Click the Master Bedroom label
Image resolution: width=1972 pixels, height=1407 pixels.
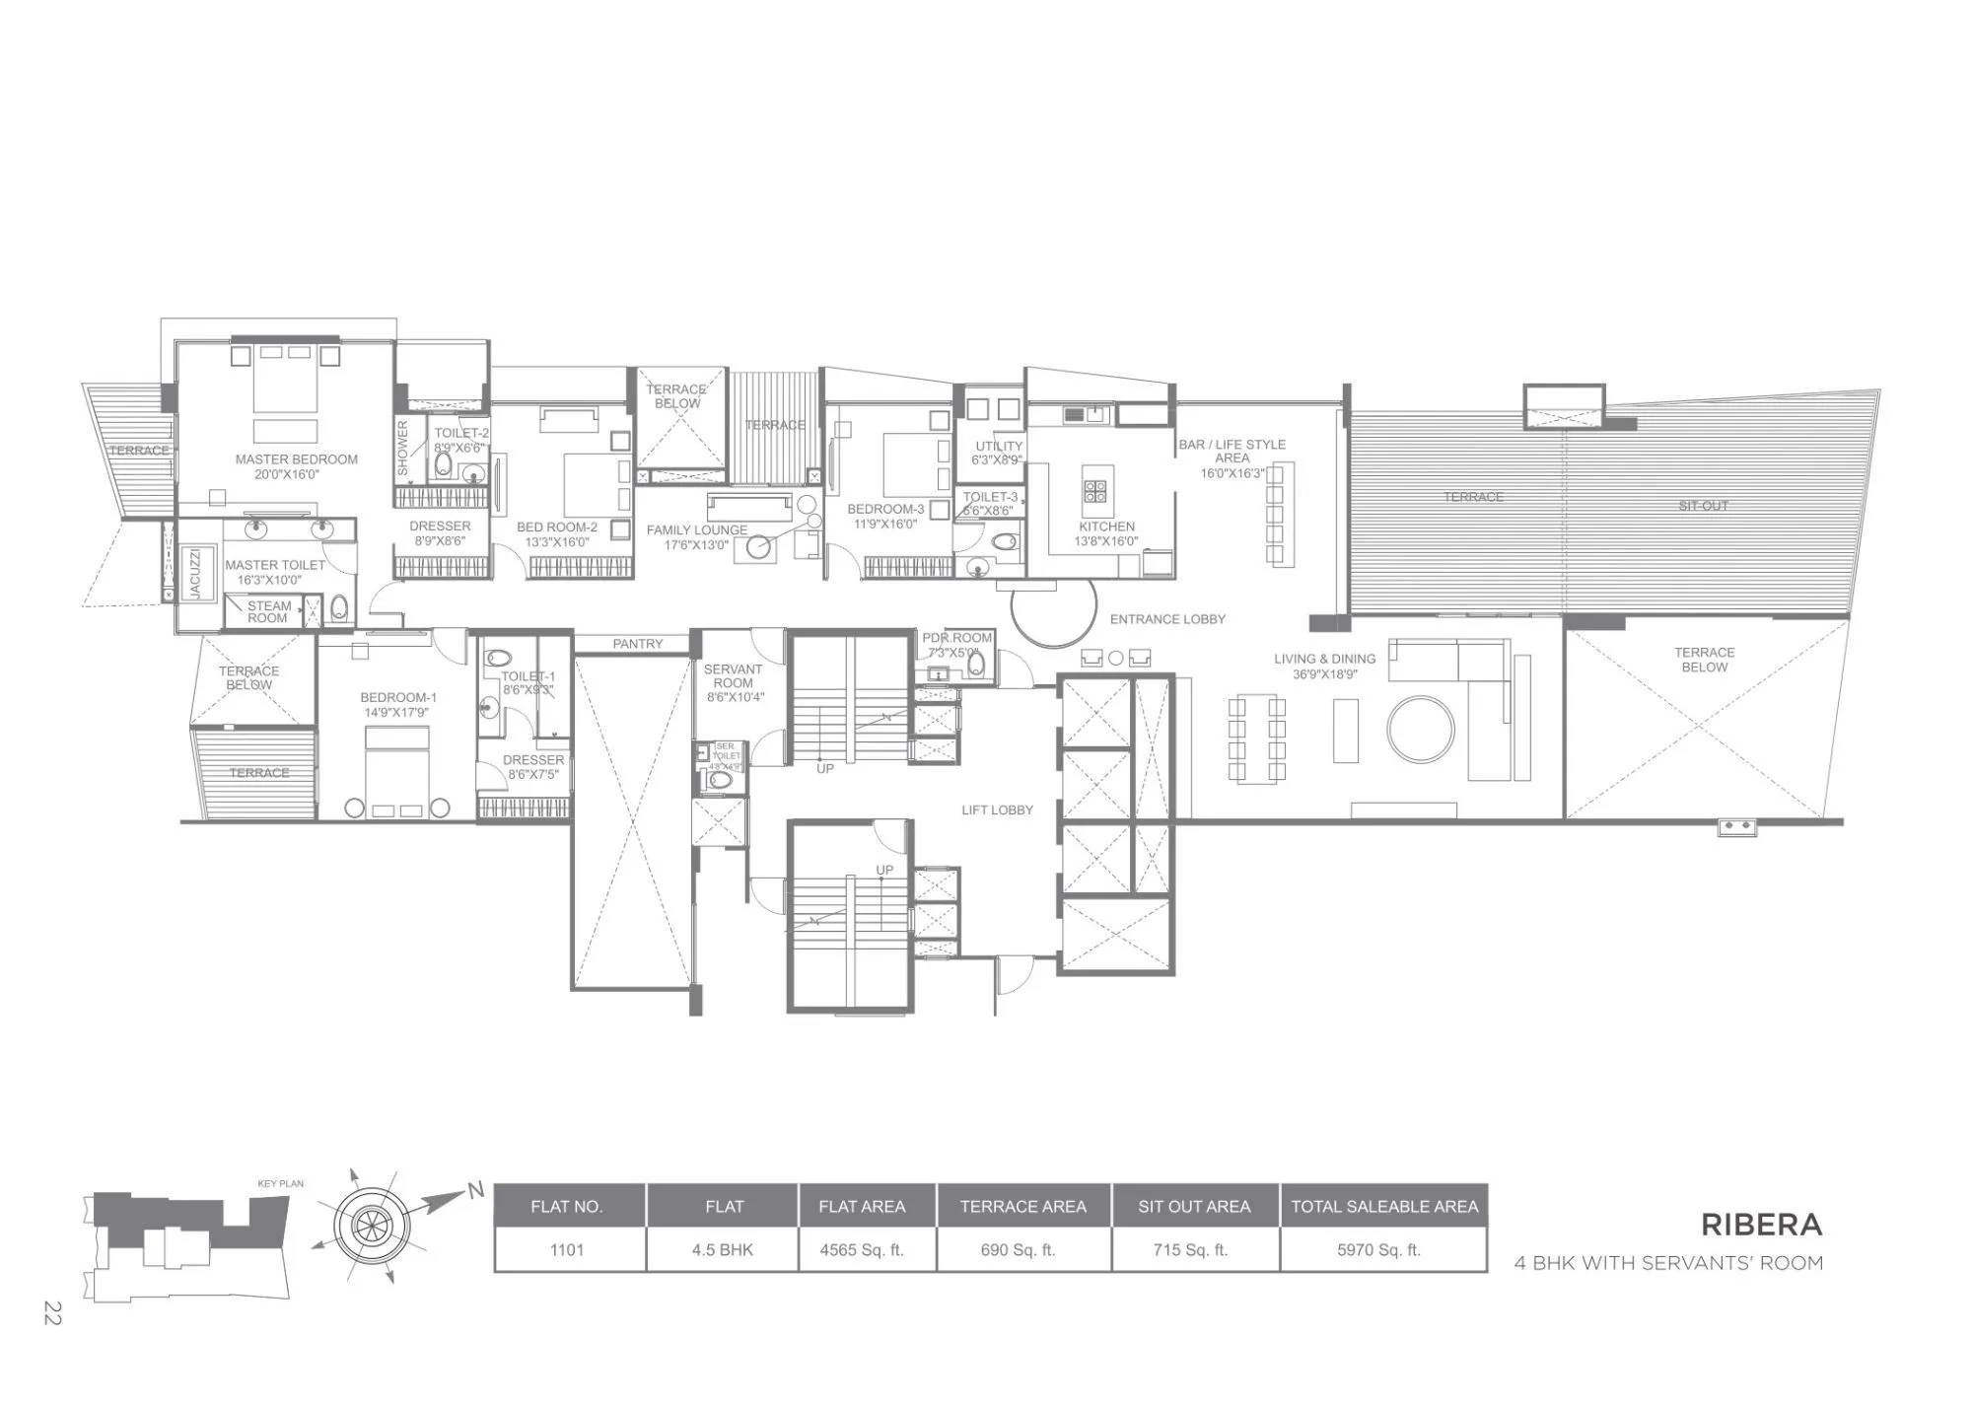296,459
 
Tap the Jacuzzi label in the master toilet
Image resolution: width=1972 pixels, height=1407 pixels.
195,573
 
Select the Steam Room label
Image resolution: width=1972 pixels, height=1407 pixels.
268,612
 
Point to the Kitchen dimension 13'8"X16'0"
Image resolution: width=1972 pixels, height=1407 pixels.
1106,541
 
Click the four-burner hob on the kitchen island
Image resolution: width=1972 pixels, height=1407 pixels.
1096,491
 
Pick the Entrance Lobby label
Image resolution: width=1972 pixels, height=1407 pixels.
1167,619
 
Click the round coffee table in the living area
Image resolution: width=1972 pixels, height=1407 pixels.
1420,730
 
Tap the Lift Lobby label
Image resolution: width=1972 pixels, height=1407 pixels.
997,810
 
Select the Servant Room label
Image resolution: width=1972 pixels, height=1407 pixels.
733,676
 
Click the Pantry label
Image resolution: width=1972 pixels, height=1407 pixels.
637,644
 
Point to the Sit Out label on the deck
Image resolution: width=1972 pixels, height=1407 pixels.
1703,506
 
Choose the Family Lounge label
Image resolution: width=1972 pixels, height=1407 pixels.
696,530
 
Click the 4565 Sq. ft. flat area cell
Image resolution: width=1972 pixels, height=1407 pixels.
861,1250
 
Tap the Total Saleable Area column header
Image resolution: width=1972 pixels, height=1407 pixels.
1384,1207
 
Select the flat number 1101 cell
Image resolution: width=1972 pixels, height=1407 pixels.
567,1250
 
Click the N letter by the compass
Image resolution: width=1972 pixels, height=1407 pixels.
476,1191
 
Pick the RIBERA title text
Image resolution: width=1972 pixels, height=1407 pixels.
1761,1225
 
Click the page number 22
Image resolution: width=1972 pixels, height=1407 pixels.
52,1313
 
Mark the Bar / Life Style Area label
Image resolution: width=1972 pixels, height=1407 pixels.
1232,452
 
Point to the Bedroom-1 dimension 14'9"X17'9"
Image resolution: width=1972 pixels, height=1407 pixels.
395,713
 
